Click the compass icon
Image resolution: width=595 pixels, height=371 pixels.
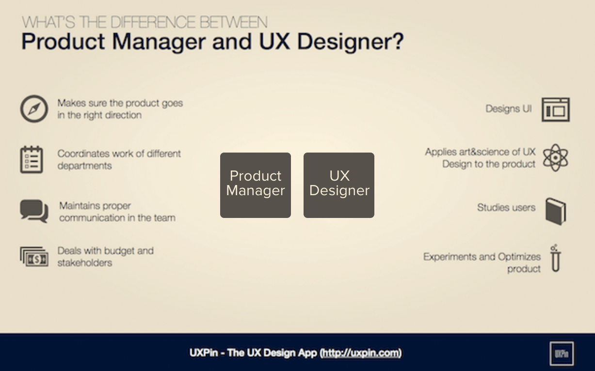[x=34, y=109]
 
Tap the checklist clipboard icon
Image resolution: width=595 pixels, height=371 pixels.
[x=32, y=159]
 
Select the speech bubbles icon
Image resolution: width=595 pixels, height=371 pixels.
[x=34, y=211]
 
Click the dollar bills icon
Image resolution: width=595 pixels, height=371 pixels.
[x=34, y=257]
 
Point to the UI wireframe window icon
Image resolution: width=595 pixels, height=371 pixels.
[x=555, y=109]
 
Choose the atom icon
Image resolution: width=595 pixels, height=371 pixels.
[x=555, y=157]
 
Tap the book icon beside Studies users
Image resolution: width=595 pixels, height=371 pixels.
[x=555, y=211]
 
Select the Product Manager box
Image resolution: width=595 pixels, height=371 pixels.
[x=256, y=185]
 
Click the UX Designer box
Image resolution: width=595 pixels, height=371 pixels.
[x=339, y=185]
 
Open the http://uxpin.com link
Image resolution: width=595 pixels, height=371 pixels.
[x=361, y=353]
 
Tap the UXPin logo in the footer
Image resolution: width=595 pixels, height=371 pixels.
[x=562, y=354]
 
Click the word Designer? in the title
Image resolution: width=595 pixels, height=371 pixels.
[x=350, y=42]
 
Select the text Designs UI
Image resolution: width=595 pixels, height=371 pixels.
[x=509, y=109]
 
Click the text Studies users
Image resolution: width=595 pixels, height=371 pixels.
[x=506, y=208]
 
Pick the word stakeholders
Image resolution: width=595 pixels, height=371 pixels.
[x=85, y=263]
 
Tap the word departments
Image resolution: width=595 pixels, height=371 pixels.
[x=85, y=166]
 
